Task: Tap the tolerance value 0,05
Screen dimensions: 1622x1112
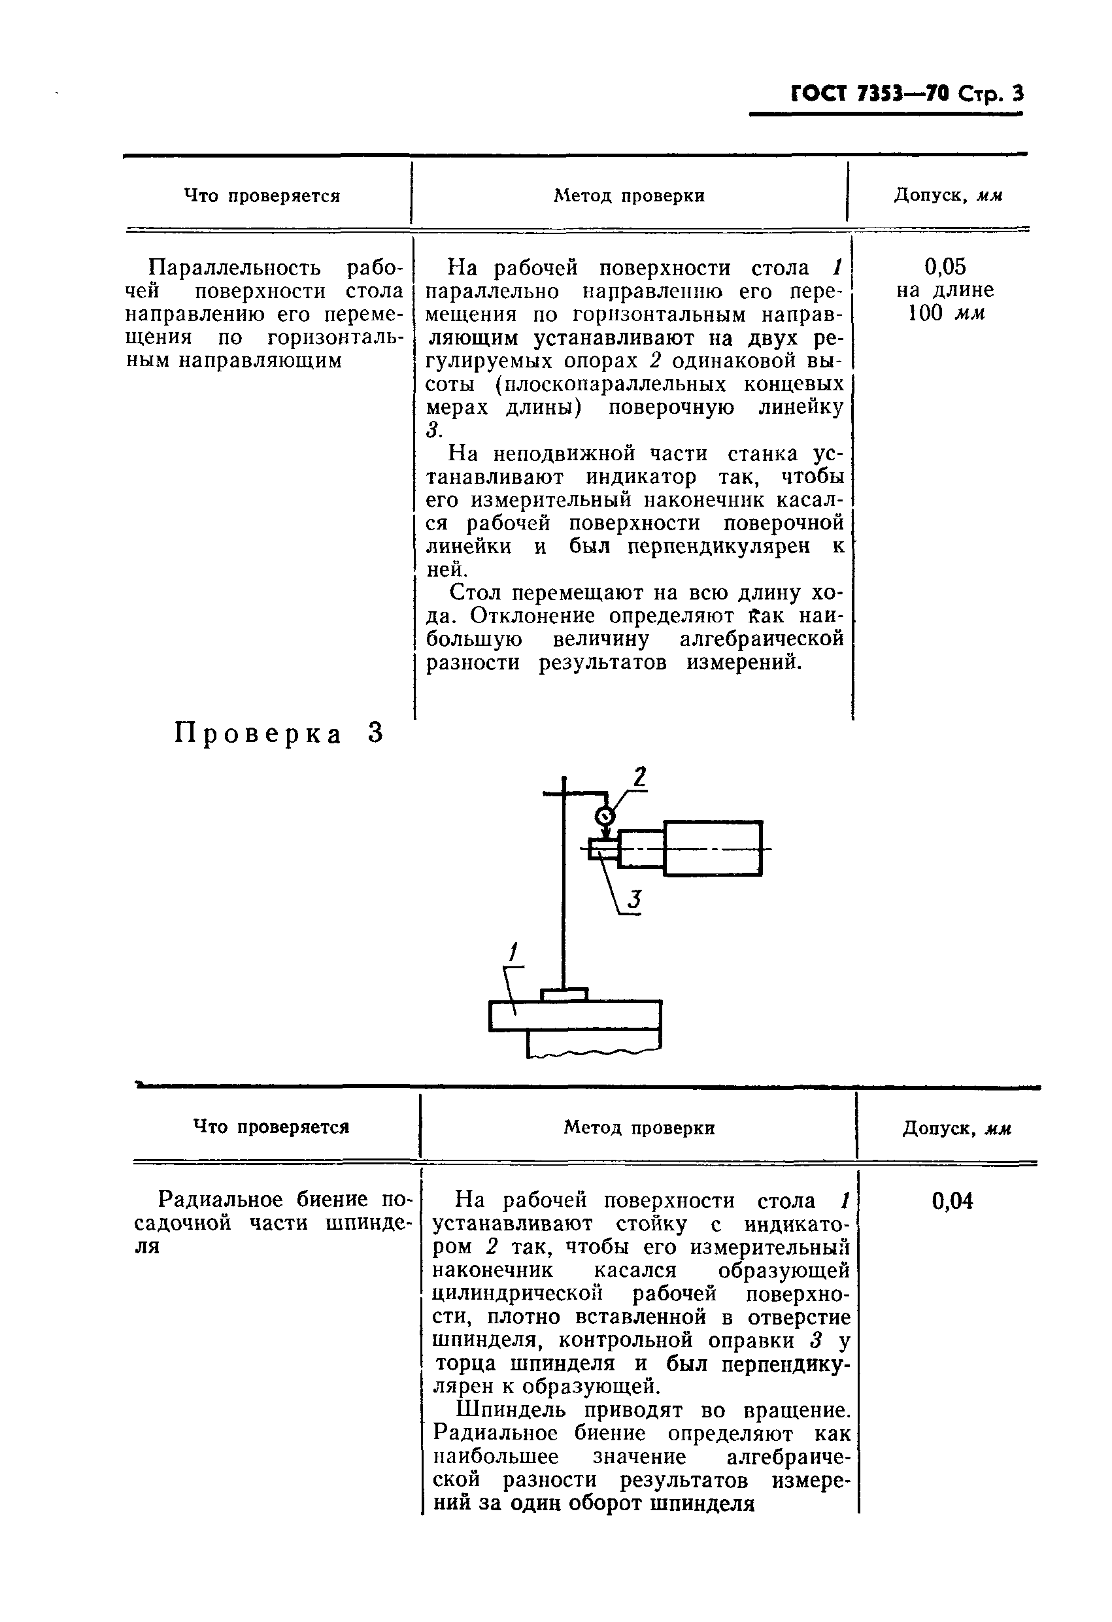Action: tap(945, 266)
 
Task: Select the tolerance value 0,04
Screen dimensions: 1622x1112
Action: tap(952, 1200)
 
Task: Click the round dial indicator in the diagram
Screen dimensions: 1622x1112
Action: tap(605, 815)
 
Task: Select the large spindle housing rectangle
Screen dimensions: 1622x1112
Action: tap(713, 848)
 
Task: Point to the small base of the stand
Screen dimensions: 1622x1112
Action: tap(564, 994)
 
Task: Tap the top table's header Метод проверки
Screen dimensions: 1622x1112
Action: tap(629, 196)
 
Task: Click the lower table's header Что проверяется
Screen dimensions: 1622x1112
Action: tap(271, 1127)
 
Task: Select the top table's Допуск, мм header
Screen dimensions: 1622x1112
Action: tap(948, 195)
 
